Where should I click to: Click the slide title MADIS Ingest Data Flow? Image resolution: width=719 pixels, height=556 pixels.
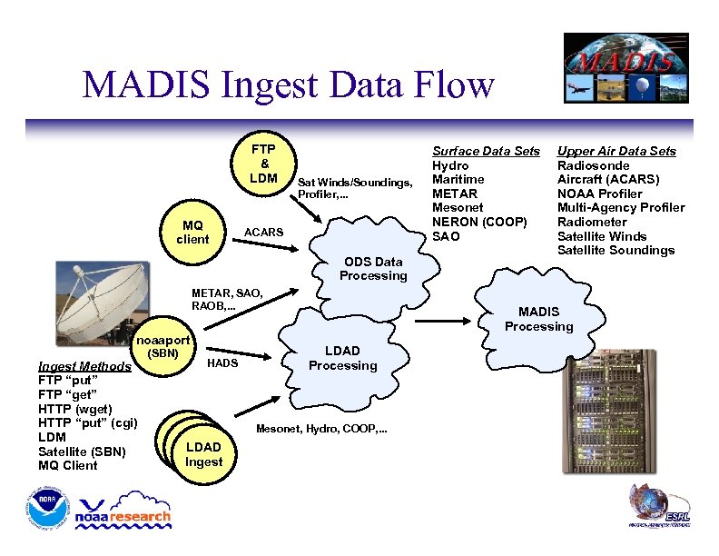(288, 85)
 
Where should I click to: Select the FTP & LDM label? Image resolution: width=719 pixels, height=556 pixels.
(263, 163)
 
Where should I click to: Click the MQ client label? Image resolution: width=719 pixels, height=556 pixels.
(192, 232)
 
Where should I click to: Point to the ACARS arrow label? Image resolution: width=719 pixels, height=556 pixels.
(264, 233)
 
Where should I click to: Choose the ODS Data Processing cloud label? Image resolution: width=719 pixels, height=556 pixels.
(373, 269)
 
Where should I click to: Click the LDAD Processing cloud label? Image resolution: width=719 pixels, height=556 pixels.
(342, 358)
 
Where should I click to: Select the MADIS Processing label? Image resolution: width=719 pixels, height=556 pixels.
(539, 319)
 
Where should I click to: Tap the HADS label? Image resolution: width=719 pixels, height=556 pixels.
(222, 363)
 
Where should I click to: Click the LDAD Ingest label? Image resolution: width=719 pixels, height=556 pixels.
(203, 454)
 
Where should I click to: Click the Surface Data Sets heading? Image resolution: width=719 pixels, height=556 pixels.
(486, 151)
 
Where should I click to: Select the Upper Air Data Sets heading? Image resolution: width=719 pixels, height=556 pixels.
(616, 151)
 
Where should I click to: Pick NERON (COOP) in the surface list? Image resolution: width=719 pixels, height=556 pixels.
(479, 222)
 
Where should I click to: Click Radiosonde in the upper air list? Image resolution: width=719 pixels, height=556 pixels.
(593, 165)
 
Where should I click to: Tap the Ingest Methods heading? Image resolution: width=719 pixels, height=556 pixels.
(84, 366)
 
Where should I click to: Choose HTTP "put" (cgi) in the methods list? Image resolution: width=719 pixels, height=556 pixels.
(88, 422)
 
